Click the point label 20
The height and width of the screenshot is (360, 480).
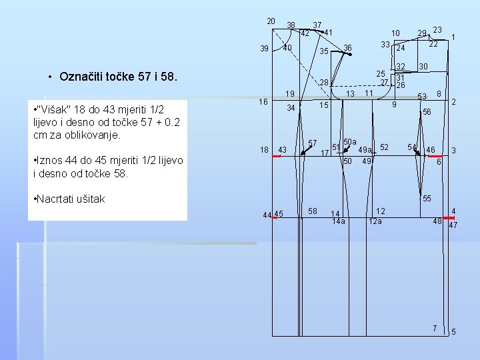(x=271, y=21)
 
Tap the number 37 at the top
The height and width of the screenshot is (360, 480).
(x=317, y=25)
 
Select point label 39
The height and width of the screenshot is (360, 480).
(x=264, y=49)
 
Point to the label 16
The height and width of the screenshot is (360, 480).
(x=263, y=101)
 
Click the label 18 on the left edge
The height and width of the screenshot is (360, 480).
(x=264, y=150)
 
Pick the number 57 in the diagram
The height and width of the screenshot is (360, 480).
(x=312, y=143)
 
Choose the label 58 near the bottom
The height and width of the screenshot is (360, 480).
(x=313, y=211)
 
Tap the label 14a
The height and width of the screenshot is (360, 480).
(x=339, y=221)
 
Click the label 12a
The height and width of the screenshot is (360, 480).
(x=375, y=221)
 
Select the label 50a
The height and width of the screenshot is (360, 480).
(x=350, y=142)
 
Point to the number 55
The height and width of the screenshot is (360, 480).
(x=427, y=199)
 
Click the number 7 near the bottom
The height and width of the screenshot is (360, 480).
(x=434, y=328)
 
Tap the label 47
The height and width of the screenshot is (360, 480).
(x=453, y=225)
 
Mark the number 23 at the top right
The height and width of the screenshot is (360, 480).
(x=437, y=29)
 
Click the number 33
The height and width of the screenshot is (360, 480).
(x=385, y=44)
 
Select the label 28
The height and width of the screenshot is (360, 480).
(x=325, y=83)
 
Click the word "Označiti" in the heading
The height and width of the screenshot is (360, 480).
(x=83, y=76)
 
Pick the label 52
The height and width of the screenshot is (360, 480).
(x=385, y=147)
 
